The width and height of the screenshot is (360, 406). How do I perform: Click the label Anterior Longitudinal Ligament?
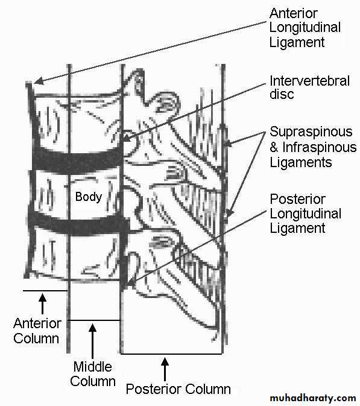click(305, 28)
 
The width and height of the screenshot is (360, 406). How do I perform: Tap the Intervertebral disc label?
click(309, 87)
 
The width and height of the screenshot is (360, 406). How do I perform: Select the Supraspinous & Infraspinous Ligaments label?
click(313, 147)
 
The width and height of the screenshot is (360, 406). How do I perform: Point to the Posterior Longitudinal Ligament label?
click(305, 214)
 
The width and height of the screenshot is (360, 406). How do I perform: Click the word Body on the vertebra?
click(89, 197)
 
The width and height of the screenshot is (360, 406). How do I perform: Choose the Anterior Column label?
click(37, 331)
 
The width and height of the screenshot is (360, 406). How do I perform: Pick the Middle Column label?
click(93, 374)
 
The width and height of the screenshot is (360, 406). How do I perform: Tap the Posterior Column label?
click(178, 389)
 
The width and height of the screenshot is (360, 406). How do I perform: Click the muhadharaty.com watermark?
click(312, 398)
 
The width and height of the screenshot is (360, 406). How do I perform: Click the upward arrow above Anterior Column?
click(43, 303)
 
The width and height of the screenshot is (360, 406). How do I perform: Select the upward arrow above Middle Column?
click(92, 341)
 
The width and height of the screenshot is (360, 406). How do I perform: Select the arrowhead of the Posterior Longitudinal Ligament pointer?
click(130, 282)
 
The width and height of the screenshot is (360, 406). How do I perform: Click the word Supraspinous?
click(311, 132)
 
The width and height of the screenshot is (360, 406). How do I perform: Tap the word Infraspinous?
click(320, 147)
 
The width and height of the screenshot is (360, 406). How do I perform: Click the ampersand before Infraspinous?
click(274, 147)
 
